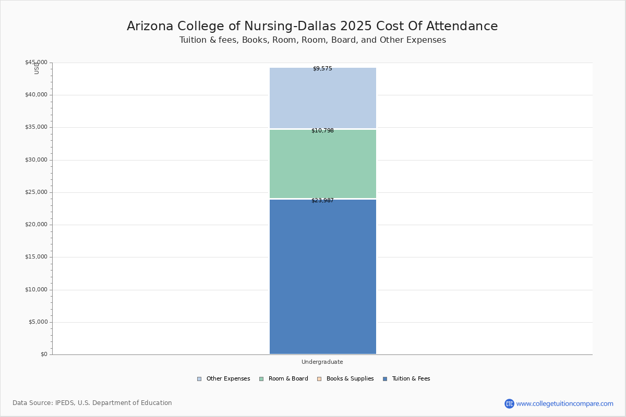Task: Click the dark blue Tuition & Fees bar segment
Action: click(322, 276)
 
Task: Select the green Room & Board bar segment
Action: click(322, 164)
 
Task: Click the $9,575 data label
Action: click(322, 69)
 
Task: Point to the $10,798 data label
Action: click(322, 131)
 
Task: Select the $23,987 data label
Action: click(322, 201)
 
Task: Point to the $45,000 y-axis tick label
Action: click(36, 63)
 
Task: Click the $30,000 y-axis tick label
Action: click(36, 160)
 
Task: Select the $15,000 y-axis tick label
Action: click(36, 257)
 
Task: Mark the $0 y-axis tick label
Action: click(44, 354)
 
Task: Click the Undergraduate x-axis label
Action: click(322, 362)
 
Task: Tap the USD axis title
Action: click(37, 68)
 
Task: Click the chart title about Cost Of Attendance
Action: click(312, 27)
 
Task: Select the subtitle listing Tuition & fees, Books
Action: click(312, 40)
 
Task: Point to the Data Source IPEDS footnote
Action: click(92, 403)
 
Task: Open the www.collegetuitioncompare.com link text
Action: click(564, 403)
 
